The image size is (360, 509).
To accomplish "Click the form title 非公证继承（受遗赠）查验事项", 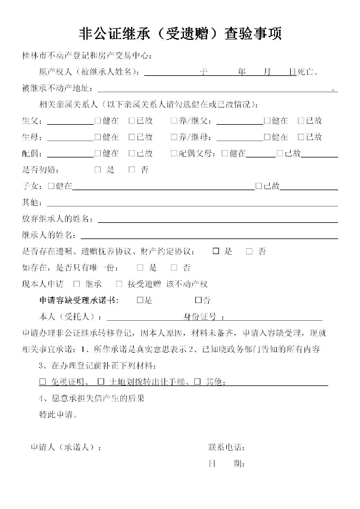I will (x=180, y=34).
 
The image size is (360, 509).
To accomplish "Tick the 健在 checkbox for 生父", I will (x=98, y=121).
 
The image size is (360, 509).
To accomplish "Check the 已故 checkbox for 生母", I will (x=132, y=137).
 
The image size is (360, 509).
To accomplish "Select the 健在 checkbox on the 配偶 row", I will (x=98, y=153).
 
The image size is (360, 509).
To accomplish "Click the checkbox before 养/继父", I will (x=174, y=121).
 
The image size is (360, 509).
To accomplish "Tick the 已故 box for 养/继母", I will (x=301, y=137).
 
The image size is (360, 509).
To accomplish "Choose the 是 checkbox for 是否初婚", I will (x=98, y=170).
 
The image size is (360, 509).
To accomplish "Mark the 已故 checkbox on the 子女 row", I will (x=259, y=186).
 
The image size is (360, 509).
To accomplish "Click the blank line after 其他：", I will (x=192, y=203).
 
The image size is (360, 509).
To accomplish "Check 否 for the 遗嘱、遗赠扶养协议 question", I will (x=249, y=251).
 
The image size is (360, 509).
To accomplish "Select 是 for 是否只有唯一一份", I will (x=140, y=268).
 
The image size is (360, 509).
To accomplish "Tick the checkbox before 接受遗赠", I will (x=119, y=284).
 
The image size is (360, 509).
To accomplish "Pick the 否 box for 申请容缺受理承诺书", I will (x=198, y=300).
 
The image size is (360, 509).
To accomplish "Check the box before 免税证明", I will (x=43, y=382).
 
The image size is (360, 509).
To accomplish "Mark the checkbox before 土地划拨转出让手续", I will (x=101, y=382).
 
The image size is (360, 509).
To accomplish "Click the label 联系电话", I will (x=226, y=447).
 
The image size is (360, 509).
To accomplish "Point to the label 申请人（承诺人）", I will (x=66, y=447).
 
